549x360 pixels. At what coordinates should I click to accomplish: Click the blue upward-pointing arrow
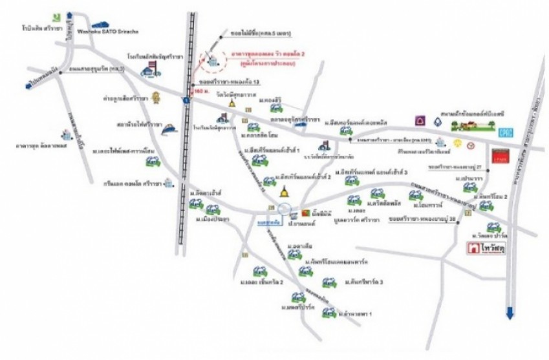pyautogui.click(x=69, y=13)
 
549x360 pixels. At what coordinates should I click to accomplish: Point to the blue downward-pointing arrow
pyautogui.click(x=510, y=313)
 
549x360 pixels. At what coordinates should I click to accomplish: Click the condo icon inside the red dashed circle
pyautogui.click(x=210, y=56)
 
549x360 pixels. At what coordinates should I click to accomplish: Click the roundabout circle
pyautogui.click(x=283, y=209)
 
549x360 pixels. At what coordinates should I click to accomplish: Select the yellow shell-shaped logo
pyautogui.click(x=457, y=143)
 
